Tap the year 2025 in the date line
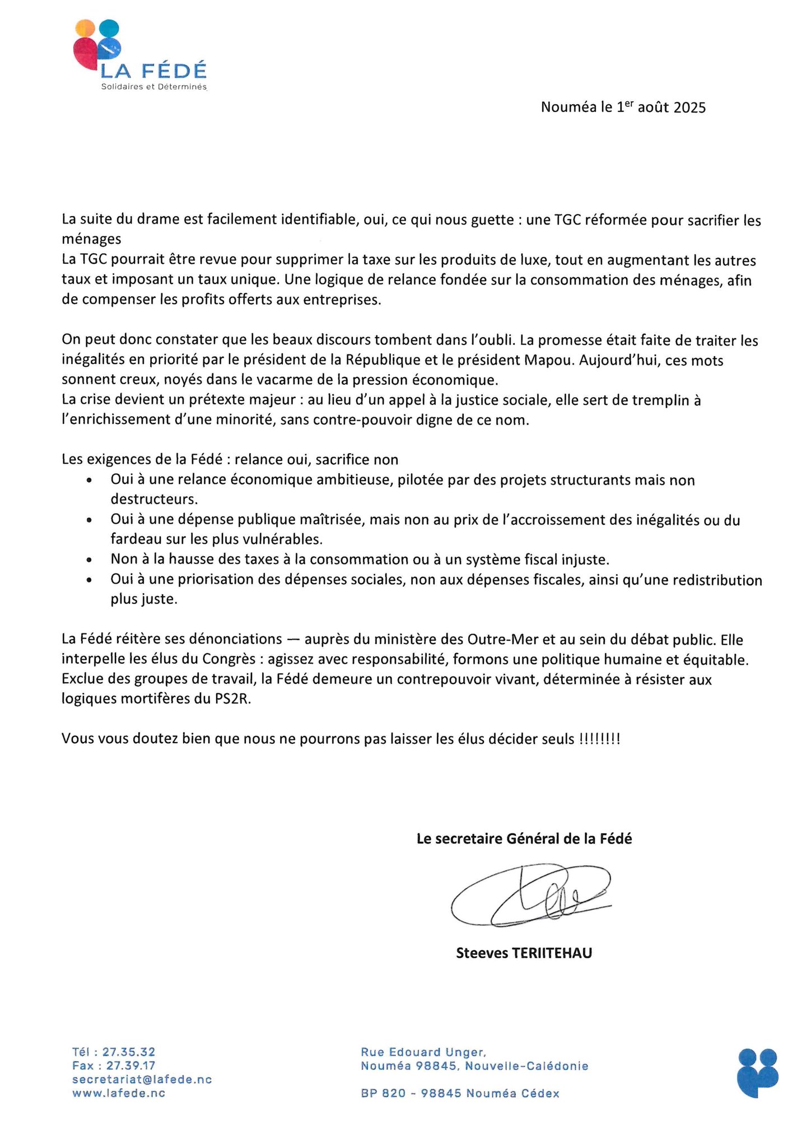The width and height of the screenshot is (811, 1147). coord(689,108)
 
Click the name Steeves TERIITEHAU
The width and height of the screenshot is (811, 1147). coord(524,953)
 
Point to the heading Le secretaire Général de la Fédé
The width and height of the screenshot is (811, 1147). coord(524,838)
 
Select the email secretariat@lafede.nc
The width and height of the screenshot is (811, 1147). coord(142,1079)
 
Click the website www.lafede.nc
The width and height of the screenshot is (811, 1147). coord(119,1093)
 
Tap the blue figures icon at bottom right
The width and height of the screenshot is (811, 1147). coord(758,1073)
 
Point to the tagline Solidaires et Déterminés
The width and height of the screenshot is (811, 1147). coord(153,87)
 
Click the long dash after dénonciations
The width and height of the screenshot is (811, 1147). coord(293,640)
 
